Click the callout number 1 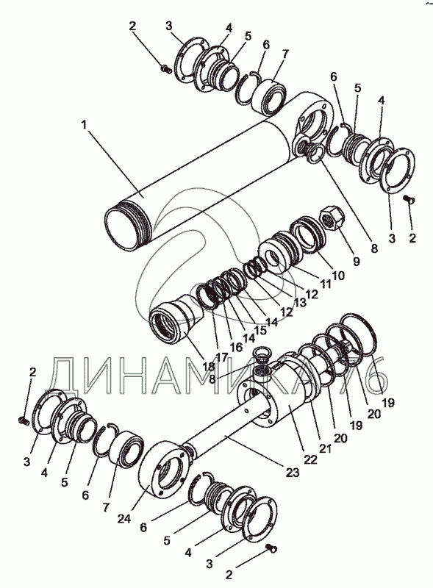(x=85, y=125)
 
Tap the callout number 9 (x=356, y=261)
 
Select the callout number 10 (x=338, y=276)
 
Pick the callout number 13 (x=299, y=302)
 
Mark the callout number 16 (x=236, y=347)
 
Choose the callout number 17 (x=221, y=357)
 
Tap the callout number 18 (x=208, y=366)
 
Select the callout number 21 (x=325, y=448)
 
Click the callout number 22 (x=310, y=459)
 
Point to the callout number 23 (x=293, y=473)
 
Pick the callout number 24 (x=124, y=519)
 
